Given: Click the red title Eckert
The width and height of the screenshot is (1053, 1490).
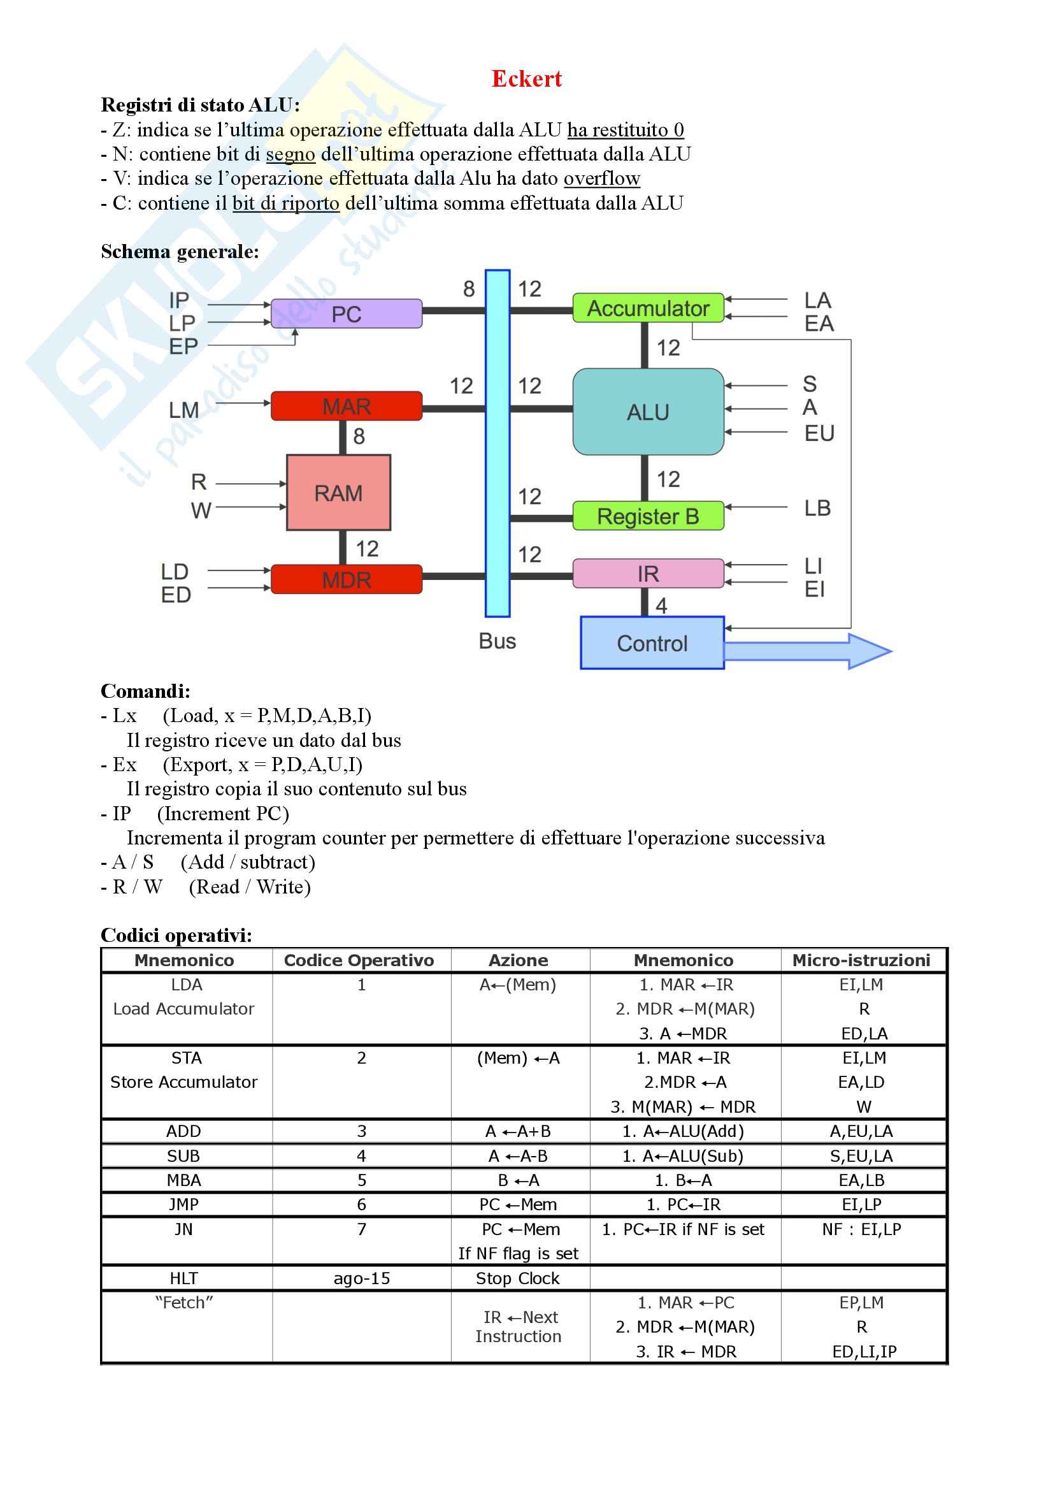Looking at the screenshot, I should pyautogui.click(x=526, y=78).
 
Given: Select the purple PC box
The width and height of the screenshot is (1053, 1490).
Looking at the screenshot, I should pyautogui.click(x=346, y=314).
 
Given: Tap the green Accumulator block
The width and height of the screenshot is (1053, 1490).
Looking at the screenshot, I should pyautogui.click(x=647, y=308).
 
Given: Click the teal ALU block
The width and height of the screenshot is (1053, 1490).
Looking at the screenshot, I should pyautogui.click(x=647, y=412).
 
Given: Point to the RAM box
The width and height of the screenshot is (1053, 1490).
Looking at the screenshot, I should pyautogui.click(x=338, y=493).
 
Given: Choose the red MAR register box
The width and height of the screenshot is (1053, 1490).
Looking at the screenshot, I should pyautogui.click(x=346, y=406).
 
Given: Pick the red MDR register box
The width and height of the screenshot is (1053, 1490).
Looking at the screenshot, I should pyautogui.click(x=346, y=579).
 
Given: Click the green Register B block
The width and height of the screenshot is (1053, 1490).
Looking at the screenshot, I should pyautogui.click(x=647, y=516).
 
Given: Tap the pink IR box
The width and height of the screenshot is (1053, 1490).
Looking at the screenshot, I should pyautogui.click(x=647, y=574).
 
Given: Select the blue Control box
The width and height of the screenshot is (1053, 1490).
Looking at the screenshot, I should pyautogui.click(x=652, y=643).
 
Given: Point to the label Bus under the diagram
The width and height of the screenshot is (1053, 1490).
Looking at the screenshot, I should pyautogui.click(x=497, y=641).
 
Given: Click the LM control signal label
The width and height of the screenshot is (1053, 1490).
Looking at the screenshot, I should pyautogui.click(x=183, y=410).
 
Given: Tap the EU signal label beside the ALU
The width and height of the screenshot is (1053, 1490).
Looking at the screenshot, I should pyautogui.click(x=819, y=433).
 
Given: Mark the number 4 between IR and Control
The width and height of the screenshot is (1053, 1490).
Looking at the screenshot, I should pyautogui.click(x=661, y=605).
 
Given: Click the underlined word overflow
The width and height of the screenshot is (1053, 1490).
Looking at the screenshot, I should pyautogui.click(x=601, y=178).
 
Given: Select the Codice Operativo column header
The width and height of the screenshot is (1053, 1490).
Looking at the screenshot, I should pyautogui.click(x=359, y=960).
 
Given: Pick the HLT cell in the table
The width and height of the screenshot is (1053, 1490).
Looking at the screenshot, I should pyautogui.click(x=183, y=1278).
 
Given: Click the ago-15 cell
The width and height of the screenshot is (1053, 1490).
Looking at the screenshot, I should pyautogui.click(x=361, y=1278).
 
